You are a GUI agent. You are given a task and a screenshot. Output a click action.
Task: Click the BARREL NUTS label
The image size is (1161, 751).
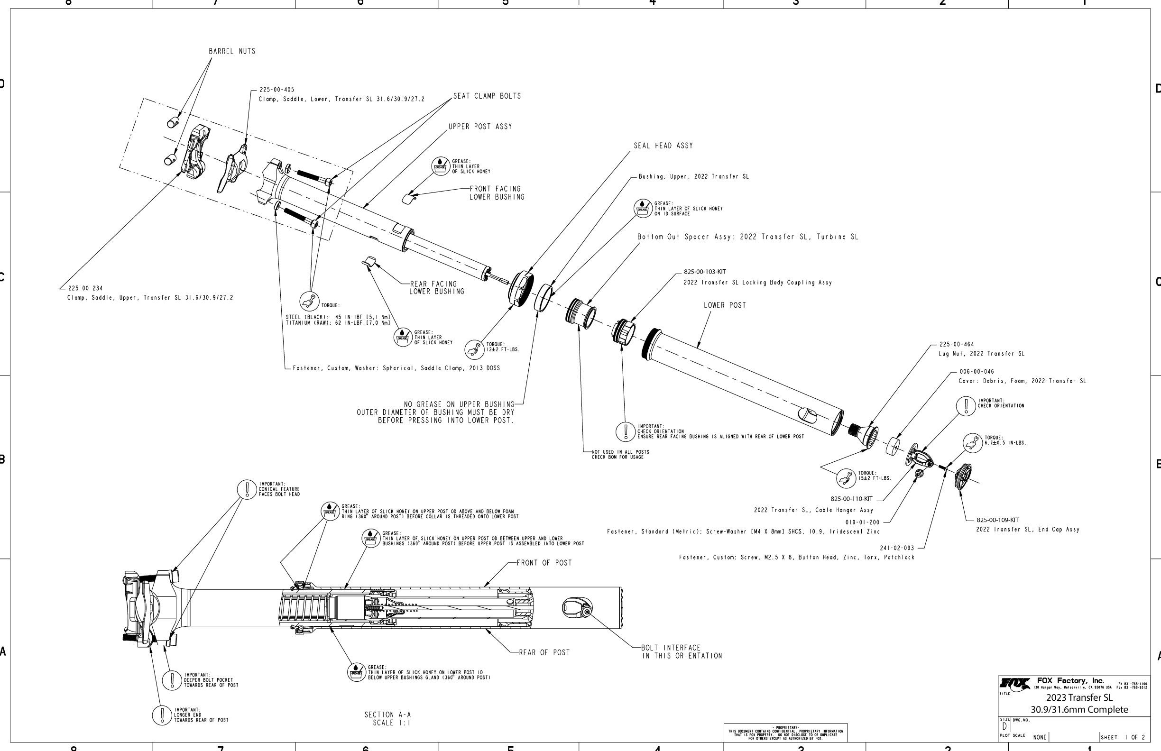click(232, 51)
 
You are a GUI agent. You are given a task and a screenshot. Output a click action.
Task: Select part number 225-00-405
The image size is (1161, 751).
click(276, 90)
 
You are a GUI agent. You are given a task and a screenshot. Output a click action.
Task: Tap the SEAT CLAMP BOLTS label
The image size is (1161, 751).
click(487, 96)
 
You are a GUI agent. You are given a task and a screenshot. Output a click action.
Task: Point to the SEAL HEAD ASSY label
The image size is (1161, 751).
click(663, 146)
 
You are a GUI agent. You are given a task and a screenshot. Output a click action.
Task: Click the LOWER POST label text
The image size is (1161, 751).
click(724, 305)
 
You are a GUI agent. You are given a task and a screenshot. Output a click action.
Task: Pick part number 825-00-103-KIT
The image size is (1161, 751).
click(704, 272)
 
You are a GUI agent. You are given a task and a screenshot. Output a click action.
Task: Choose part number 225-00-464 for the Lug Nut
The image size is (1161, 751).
click(956, 344)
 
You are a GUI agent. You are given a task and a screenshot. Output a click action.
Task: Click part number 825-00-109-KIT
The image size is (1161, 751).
click(997, 520)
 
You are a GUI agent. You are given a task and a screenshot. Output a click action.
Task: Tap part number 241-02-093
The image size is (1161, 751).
click(897, 548)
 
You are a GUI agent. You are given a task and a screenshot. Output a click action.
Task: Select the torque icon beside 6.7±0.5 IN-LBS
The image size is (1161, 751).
click(972, 442)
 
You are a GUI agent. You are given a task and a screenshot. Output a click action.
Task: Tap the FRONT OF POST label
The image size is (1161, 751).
click(544, 563)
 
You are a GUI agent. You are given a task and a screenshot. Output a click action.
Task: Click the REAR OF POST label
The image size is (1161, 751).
click(544, 652)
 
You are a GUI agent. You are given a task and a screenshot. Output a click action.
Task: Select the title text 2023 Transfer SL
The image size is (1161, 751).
click(1079, 698)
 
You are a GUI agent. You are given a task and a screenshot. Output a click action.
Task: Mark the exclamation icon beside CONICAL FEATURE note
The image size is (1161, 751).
click(247, 489)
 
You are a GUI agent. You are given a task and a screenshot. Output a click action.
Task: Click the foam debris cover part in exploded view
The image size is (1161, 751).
click(893, 446)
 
